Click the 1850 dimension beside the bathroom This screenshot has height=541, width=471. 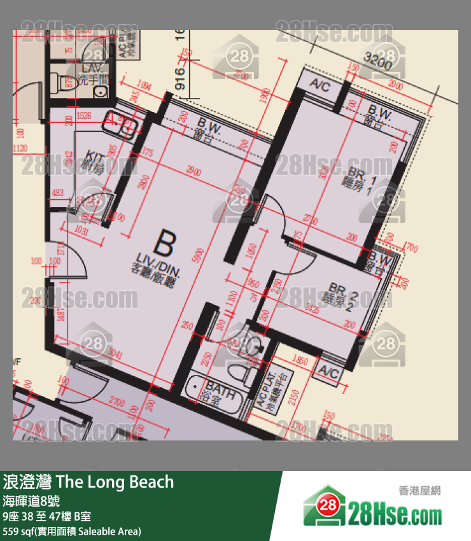coord(298,361)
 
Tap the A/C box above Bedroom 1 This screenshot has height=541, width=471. coord(320,86)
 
